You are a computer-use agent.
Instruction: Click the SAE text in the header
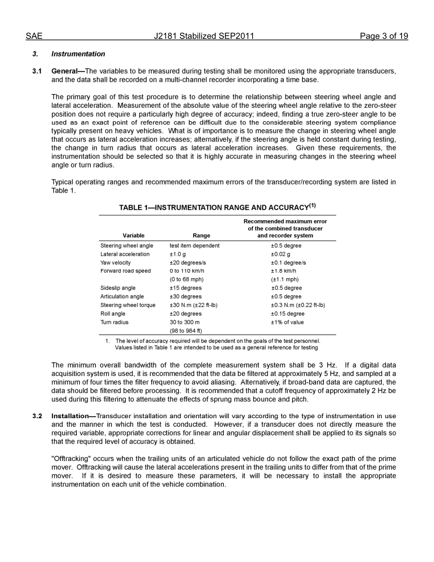pyautogui.click(x=34, y=36)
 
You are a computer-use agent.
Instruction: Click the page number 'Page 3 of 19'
pyautogui.click(x=384, y=36)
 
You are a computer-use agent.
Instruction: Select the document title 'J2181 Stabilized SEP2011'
pyautogui.click(x=204, y=36)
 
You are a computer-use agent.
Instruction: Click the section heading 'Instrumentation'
pyautogui.click(x=78, y=54)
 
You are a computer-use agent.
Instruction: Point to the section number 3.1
pyautogui.click(x=37, y=71)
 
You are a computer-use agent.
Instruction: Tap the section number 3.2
pyautogui.click(x=37, y=416)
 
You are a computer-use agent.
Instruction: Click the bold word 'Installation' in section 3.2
pyautogui.click(x=70, y=416)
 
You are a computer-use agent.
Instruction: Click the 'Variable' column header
pyautogui.click(x=133, y=236)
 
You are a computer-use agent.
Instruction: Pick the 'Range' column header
pyautogui.click(x=201, y=236)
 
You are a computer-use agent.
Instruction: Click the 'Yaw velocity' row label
pyautogui.click(x=116, y=263)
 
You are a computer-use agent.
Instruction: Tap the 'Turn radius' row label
pyautogui.click(x=115, y=323)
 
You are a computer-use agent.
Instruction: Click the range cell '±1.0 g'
pyautogui.click(x=178, y=254)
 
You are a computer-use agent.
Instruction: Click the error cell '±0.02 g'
pyautogui.click(x=281, y=254)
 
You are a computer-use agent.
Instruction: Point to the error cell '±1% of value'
pyautogui.click(x=287, y=323)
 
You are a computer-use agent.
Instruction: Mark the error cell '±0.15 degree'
pyautogui.click(x=287, y=314)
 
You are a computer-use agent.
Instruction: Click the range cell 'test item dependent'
pyautogui.click(x=195, y=246)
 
